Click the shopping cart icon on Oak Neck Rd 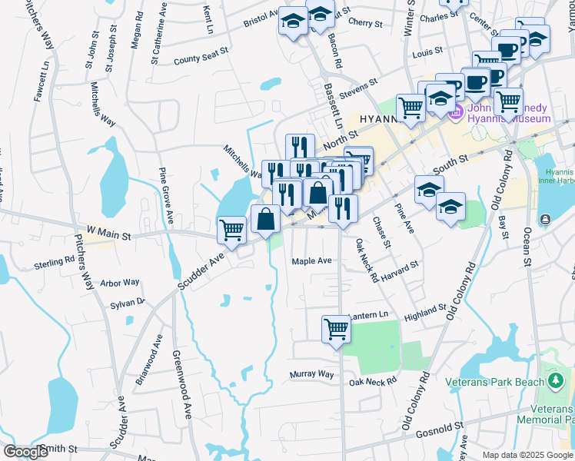point(337,328)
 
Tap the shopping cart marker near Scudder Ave point(231,228)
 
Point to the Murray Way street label point(312,374)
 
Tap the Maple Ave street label point(311,261)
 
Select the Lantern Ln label point(370,316)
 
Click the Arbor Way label point(120,283)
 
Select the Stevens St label point(358,87)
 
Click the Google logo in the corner point(25,451)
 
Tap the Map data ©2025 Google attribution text point(527,455)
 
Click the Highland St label point(425,312)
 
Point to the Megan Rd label point(136,31)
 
